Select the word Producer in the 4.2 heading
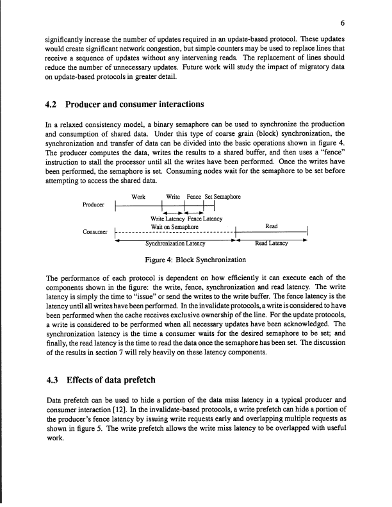point(100,104)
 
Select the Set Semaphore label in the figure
point(220,196)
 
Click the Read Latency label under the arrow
point(272,244)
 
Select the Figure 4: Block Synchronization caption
point(195,260)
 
